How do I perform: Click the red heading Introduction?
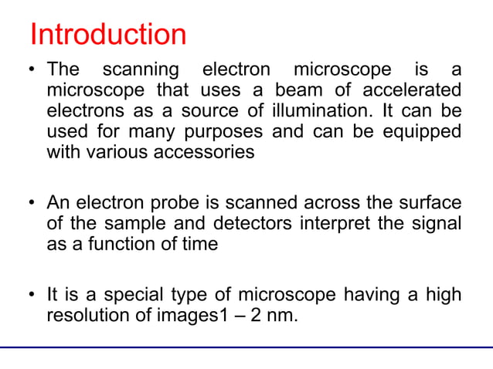(107, 35)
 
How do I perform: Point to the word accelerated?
(421, 90)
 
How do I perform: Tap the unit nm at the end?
(282, 316)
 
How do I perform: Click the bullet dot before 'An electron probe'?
(33, 204)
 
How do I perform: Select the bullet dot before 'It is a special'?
(33, 295)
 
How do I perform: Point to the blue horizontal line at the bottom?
(246, 348)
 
